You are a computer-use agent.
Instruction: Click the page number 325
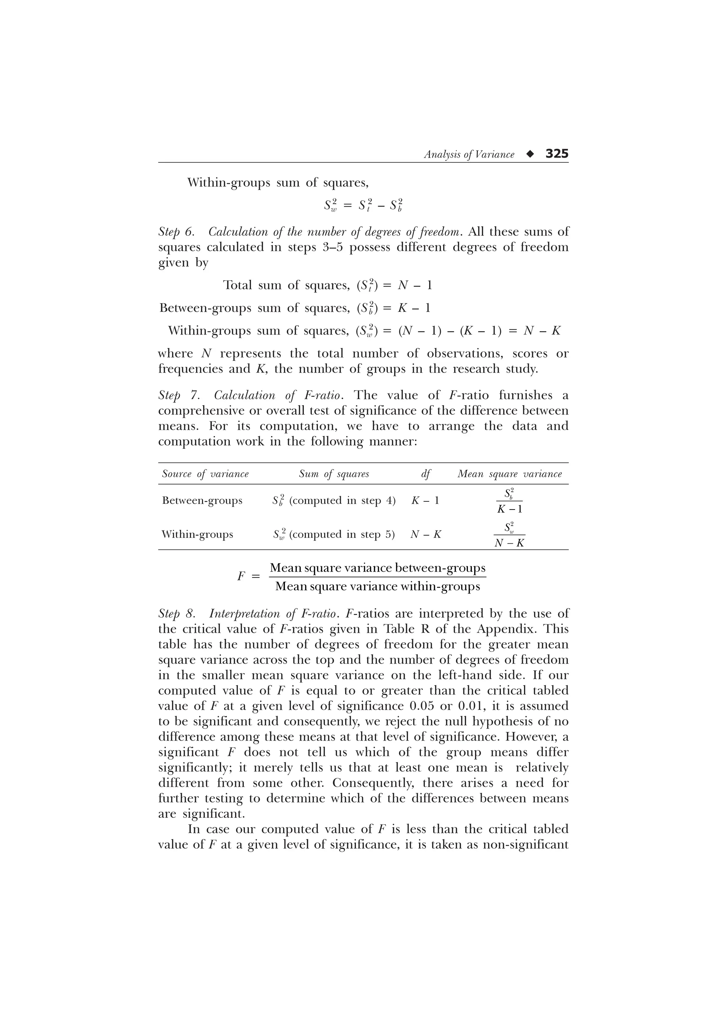click(557, 154)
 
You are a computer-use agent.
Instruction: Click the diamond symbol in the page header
click(530, 154)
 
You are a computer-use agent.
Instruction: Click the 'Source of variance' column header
click(205, 474)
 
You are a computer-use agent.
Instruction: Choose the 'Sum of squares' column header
click(334, 474)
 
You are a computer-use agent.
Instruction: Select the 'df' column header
click(426, 474)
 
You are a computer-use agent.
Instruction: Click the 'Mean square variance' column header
click(509, 474)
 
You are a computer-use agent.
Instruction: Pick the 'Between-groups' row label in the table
click(202, 500)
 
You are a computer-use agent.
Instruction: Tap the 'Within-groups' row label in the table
click(197, 534)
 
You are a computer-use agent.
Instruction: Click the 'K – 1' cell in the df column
click(425, 500)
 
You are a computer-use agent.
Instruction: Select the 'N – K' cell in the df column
click(426, 534)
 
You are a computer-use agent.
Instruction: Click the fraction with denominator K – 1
click(509, 501)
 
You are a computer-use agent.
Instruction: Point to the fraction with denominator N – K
click(509, 535)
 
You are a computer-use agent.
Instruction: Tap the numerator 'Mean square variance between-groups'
click(378, 568)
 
